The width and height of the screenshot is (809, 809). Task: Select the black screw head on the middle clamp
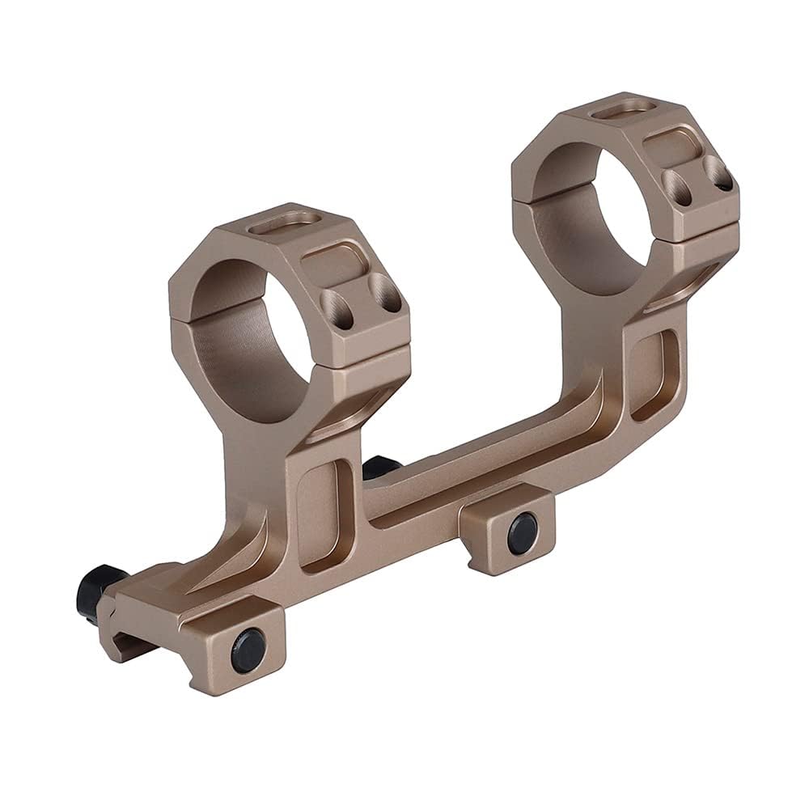[x=522, y=532]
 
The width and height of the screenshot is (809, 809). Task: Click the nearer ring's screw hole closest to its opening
[x=334, y=309]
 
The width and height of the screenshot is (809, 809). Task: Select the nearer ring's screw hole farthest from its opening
[x=386, y=297]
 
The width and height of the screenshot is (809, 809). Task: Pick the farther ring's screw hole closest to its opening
[x=674, y=185]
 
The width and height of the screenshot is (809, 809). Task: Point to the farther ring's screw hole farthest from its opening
[x=718, y=174]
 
